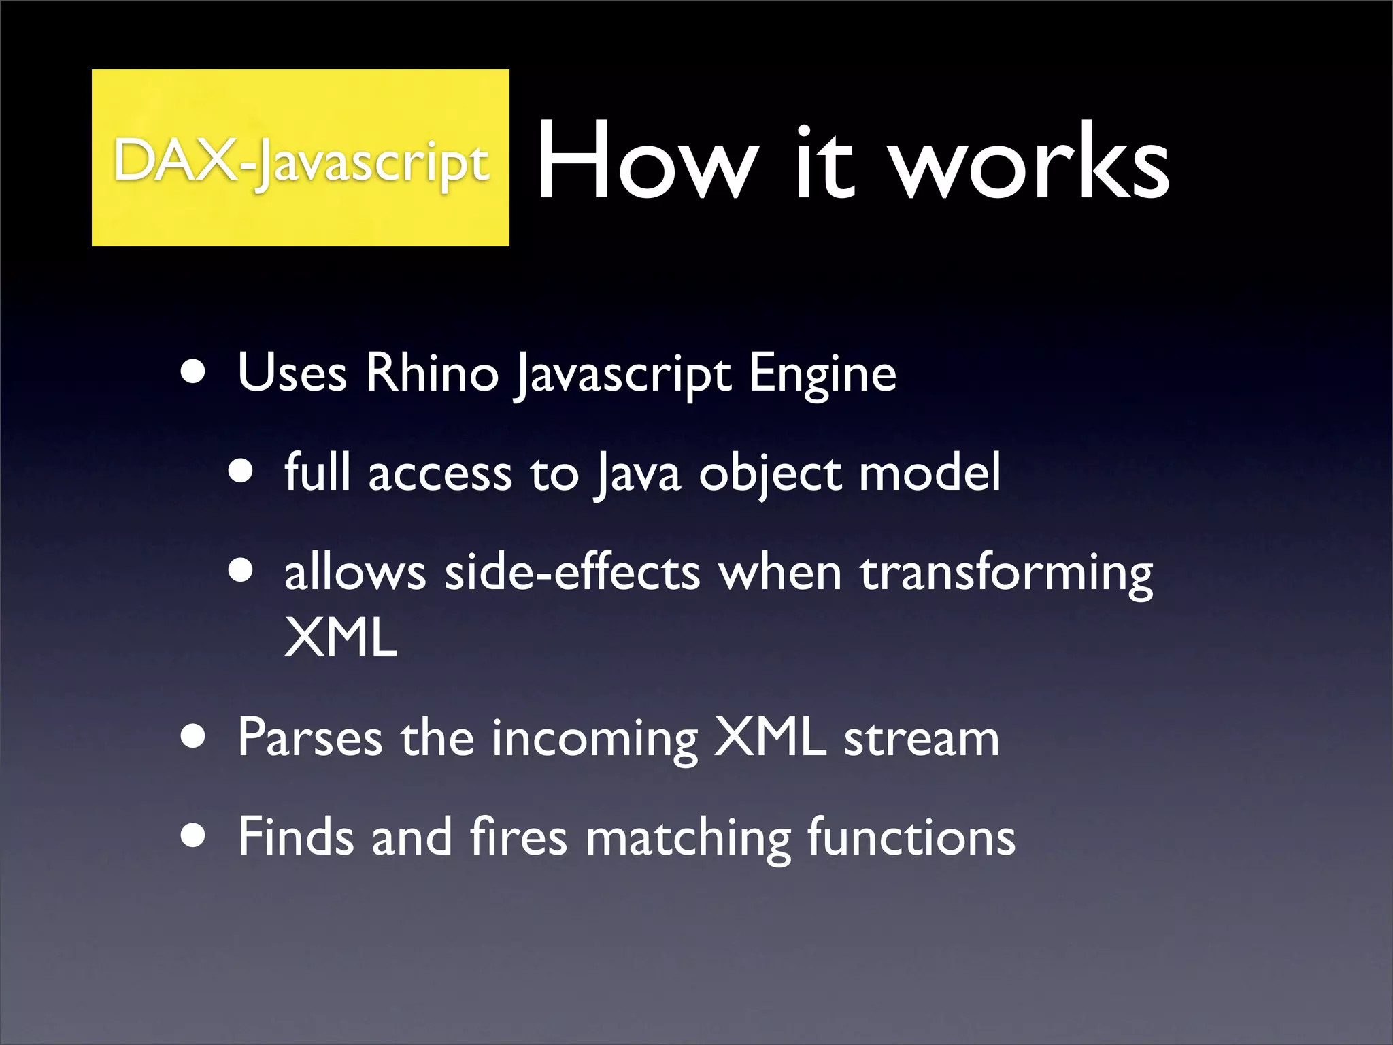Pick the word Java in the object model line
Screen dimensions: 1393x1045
point(637,473)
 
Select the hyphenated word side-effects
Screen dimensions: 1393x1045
point(572,572)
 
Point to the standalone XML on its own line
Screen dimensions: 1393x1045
point(340,637)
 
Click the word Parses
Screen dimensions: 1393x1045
point(309,737)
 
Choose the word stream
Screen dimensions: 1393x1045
point(922,737)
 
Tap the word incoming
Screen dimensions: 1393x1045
point(594,739)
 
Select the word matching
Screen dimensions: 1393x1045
point(688,837)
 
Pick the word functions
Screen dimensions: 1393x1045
point(911,836)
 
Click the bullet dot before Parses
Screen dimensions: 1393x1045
point(194,738)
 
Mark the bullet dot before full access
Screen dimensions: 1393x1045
point(241,471)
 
